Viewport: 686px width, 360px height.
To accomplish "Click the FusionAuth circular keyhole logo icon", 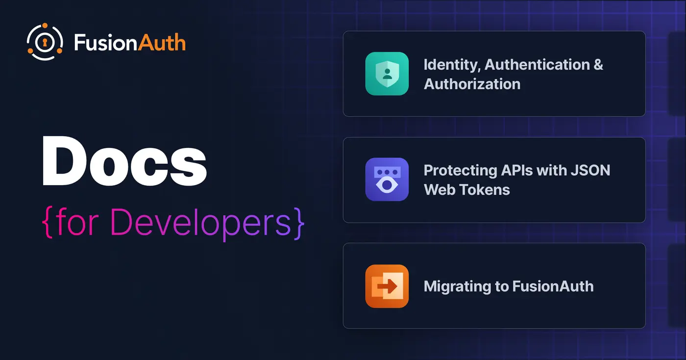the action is point(45,42).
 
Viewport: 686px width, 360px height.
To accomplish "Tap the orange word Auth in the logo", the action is point(162,42).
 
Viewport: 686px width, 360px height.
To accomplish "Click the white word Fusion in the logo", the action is point(106,42).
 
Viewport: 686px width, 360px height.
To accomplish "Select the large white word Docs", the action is point(124,161).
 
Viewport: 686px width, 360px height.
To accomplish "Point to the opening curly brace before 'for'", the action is point(48,222).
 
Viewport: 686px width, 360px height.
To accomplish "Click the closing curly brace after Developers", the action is point(299,222).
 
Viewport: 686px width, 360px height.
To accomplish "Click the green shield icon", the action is point(387,73).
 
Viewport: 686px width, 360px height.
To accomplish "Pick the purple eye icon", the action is point(387,179).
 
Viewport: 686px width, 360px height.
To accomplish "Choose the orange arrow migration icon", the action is point(387,286).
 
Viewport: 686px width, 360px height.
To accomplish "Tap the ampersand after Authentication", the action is point(598,65).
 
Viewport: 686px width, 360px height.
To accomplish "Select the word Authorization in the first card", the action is point(472,84).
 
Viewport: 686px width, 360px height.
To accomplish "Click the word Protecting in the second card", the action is point(461,171).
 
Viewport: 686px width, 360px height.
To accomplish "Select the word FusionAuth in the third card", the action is point(553,286).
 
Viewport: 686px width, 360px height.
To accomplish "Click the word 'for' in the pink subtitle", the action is point(77,221).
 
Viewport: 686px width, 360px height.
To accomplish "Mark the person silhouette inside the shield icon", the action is point(387,74).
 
